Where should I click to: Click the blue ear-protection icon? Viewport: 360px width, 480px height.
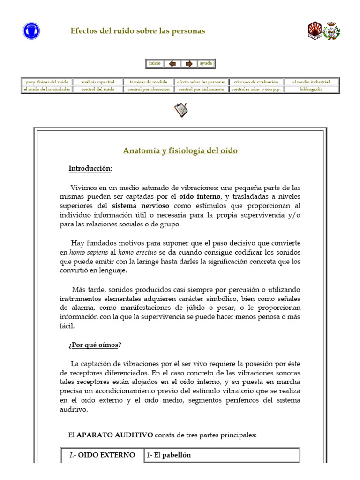click(31, 31)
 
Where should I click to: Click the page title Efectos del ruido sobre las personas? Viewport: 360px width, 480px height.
click(137, 31)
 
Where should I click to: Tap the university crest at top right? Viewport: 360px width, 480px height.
click(323, 30)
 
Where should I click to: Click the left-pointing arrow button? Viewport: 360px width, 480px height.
click(172, 64)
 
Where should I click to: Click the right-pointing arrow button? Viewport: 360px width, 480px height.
click(189, 64)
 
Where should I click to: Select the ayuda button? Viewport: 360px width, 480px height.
click(206, 63)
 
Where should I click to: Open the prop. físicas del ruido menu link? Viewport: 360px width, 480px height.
click(47, 82)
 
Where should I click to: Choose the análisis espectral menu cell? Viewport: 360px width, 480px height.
click(97, 82)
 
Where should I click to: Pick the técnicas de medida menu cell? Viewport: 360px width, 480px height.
click(148, 82)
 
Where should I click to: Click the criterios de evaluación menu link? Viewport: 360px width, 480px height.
click(256, 82)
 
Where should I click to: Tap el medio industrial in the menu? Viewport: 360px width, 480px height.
click(311, 82)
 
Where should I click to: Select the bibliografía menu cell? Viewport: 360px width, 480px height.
click(311, 89)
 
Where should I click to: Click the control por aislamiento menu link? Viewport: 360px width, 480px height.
click(202, 89)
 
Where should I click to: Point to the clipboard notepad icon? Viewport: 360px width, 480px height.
click(180, 110)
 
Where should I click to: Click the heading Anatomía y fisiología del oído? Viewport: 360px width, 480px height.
click(180, 150)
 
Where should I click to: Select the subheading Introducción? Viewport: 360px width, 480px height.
click(90, 168)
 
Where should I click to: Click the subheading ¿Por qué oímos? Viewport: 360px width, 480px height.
click(94, 345)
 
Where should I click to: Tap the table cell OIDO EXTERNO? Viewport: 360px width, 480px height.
click(102, 455)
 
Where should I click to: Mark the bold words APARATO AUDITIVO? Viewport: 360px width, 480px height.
click(115, 435)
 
